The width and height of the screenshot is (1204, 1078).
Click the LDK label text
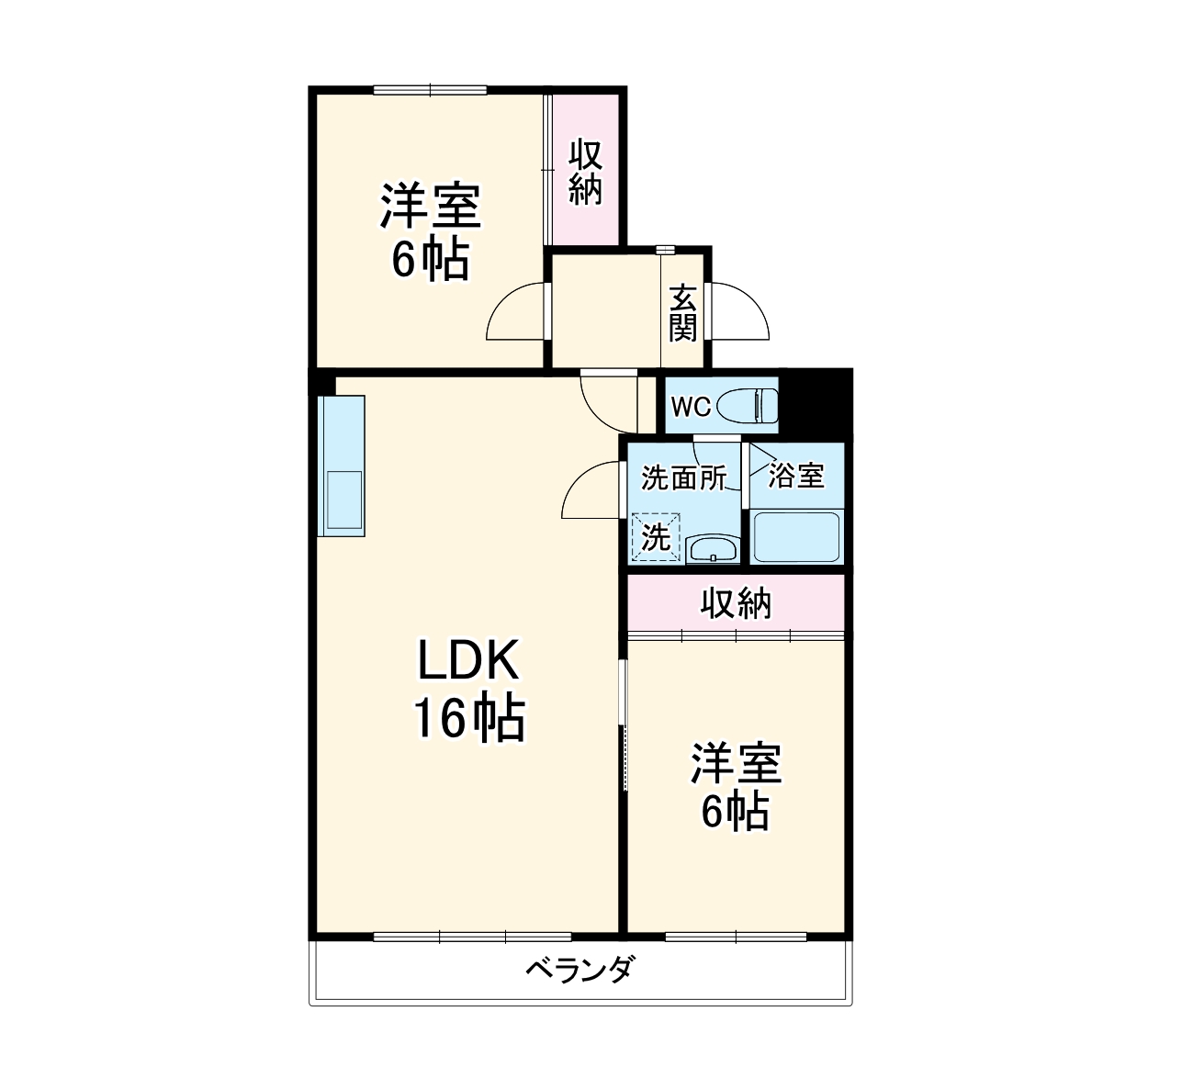click(x=469, y=659)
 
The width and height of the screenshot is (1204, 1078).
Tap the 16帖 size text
click(x=469, y=718)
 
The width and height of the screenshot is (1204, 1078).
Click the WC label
click(x=690, y=407)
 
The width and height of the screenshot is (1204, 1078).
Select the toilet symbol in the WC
click(x=748, y=405)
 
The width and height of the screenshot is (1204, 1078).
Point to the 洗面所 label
click(x=683, y=477)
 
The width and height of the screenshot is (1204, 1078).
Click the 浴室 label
click(x=796, y=476)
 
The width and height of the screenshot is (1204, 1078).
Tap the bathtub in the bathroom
click(x=796, y=537)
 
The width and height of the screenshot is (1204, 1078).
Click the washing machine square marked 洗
click(x=656, y=537)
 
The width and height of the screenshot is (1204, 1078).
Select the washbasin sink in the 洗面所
click(x=713, y=549)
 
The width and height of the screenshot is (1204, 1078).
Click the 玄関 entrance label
click(x=683, y=313)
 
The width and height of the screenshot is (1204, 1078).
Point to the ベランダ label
click(x=579, y=969)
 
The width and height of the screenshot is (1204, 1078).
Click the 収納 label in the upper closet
click(x=585, y=171)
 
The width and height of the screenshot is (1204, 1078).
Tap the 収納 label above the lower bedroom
click(x=736, y=603)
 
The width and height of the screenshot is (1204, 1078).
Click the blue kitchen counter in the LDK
click(x=341, y=465)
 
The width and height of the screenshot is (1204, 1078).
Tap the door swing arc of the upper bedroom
click(x=514, y=312)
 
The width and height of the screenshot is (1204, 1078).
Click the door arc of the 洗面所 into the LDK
click(x=591, y=491)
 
